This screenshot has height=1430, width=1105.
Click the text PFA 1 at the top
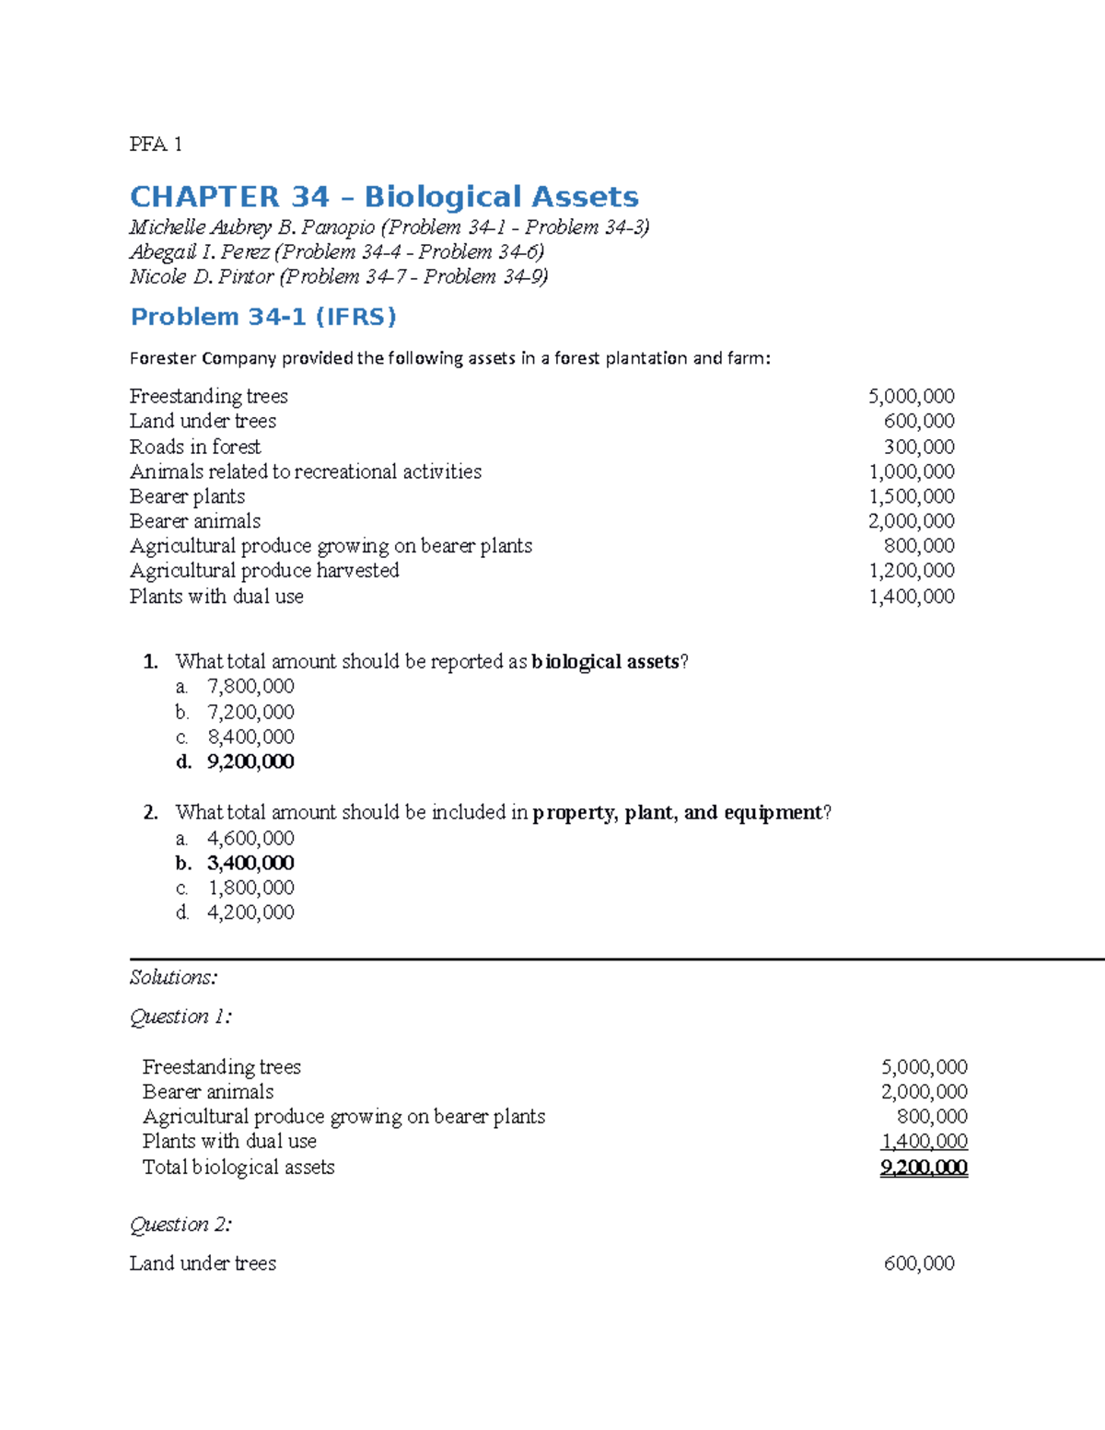click(x=156, y=144)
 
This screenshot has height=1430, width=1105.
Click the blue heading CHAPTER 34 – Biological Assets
click(x=384, y=197)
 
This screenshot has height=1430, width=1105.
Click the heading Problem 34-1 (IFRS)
click(x=263, y=317)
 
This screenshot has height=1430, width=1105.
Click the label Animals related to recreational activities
click(x=305, y=471)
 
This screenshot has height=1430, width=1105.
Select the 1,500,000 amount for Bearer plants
click(x=911, y=496)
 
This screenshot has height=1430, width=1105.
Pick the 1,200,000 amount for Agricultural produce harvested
click(x=911, y=571)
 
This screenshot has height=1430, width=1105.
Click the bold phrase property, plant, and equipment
click(x=677, y=812)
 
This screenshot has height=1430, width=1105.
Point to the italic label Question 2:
click(x=180, y=1225)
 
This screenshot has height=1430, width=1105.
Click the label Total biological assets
click(x=238, y=1168)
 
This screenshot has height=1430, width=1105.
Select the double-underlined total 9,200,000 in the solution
click(x=924, y=1168)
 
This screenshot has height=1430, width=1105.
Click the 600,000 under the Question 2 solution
click(x=918, y=1263)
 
